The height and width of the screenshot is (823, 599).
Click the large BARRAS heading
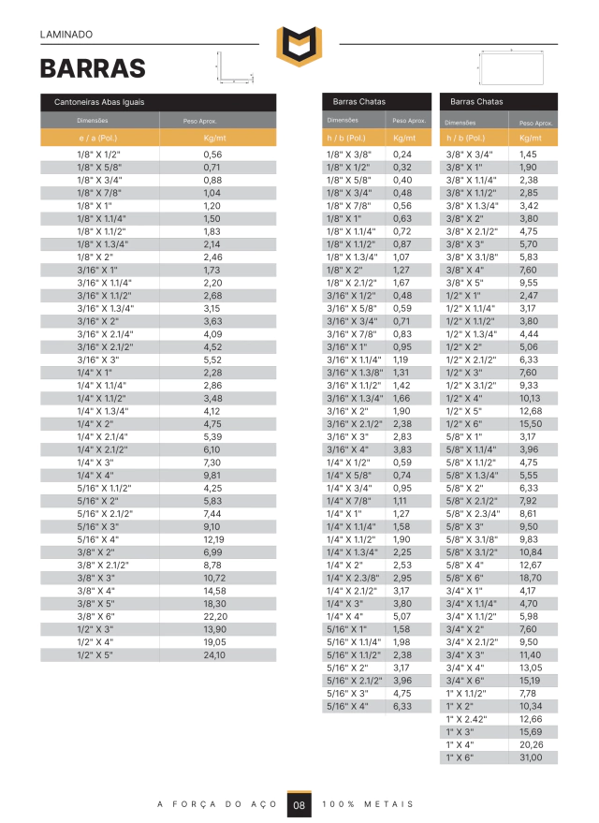[x=93, y=68]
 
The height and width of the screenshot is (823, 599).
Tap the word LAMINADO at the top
[x=66, y=34]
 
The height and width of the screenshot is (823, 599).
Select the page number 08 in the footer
[x=299, y=804]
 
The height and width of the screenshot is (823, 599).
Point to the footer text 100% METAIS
[x=367, y=804]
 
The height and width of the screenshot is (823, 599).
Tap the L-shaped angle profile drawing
[x=229, y=67]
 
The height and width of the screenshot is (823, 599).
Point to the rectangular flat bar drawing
[x=512, y=67]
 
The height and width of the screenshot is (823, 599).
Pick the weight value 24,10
[x=214, y=655]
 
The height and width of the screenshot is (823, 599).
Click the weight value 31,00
[x=530, y=757]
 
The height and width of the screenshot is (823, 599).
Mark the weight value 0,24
[x=402, y=154]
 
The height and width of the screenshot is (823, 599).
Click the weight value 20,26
[x=530, y=744]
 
